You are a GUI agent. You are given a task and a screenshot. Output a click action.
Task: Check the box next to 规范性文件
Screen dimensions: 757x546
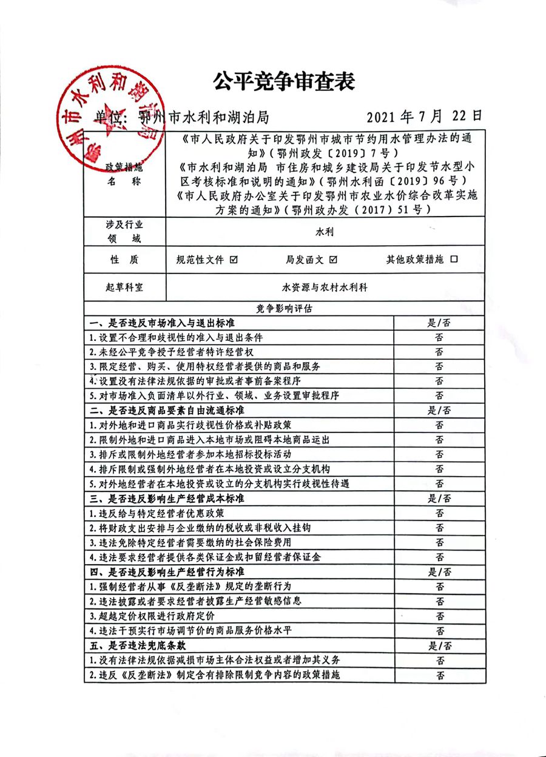234,260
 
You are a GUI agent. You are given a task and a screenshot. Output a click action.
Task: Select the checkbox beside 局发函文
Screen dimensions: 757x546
333,260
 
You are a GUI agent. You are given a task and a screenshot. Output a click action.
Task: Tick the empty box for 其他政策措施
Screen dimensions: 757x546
454,260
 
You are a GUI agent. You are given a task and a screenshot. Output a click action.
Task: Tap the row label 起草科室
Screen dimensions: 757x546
124,288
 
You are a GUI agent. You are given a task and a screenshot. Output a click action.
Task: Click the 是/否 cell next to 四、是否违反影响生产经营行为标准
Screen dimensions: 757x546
439,572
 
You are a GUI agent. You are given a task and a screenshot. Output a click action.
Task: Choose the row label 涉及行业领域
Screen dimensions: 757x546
124,232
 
